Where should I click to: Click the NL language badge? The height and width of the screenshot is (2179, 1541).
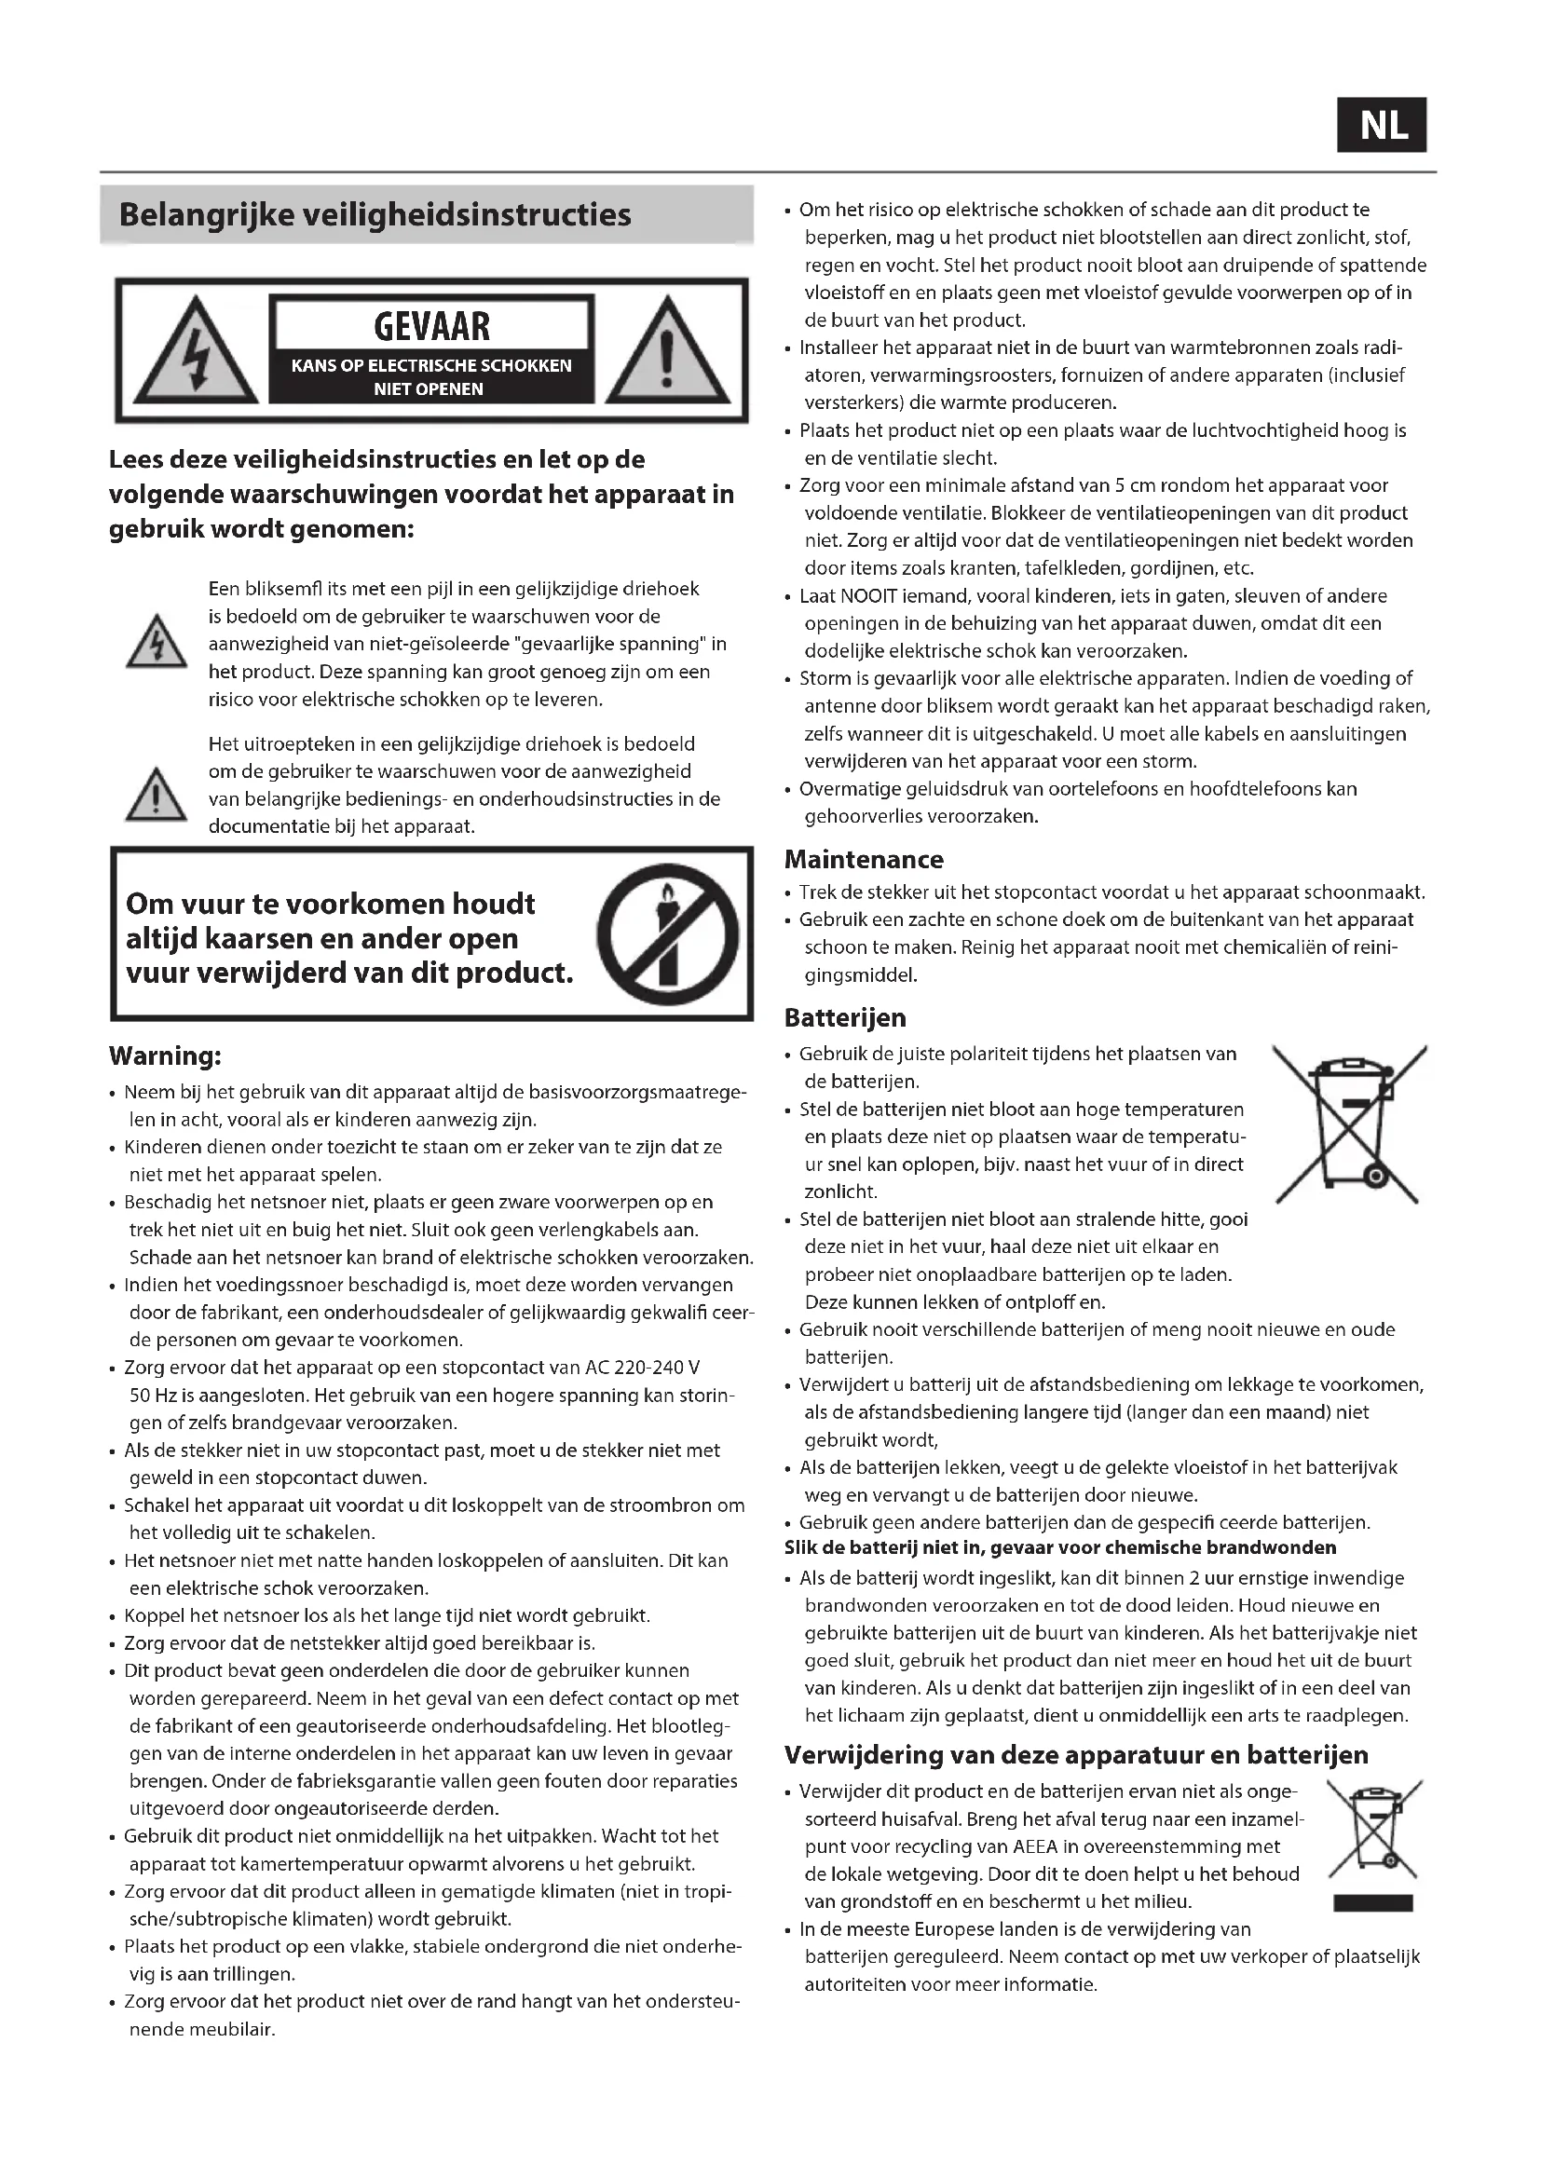1382,125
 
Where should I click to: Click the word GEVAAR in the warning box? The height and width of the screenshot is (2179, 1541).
431,326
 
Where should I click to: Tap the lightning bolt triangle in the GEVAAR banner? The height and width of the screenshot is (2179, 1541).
196,350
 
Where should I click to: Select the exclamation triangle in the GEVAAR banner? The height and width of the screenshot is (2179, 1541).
667,350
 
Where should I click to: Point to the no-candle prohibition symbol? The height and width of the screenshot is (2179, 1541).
668,934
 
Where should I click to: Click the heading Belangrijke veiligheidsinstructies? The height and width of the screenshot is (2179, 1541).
375,214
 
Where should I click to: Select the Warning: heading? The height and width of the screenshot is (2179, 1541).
165,1055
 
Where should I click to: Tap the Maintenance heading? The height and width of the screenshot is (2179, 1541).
864,859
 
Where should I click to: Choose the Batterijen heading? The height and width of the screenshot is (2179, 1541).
844,1017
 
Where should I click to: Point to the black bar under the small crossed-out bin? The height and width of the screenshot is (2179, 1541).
1372,1902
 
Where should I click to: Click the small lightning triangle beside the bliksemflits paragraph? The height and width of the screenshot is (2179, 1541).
157,643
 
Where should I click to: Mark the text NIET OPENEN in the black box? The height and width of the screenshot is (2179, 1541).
428,389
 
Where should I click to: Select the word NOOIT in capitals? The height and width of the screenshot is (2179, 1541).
866,596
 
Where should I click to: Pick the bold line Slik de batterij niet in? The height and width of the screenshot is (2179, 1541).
1060,1548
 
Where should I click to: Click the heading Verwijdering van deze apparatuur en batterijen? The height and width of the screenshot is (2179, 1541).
1076,1755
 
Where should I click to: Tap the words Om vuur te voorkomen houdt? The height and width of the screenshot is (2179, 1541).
330,904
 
